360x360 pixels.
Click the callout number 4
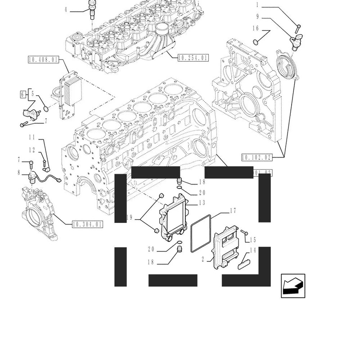point(66,9)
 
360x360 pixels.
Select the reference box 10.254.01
point(193,58)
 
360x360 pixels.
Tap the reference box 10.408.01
point(43,59)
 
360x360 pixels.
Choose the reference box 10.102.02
point(256,157)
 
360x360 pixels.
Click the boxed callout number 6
point(22,94)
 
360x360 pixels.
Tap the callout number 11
point(31,137)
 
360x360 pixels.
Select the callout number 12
point(31,149)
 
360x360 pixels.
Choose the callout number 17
point(233,210)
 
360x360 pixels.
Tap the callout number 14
point(252,250)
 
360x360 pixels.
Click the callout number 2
point(203,259)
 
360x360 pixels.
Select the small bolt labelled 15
point(244,232)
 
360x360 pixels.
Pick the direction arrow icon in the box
point(293,285)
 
